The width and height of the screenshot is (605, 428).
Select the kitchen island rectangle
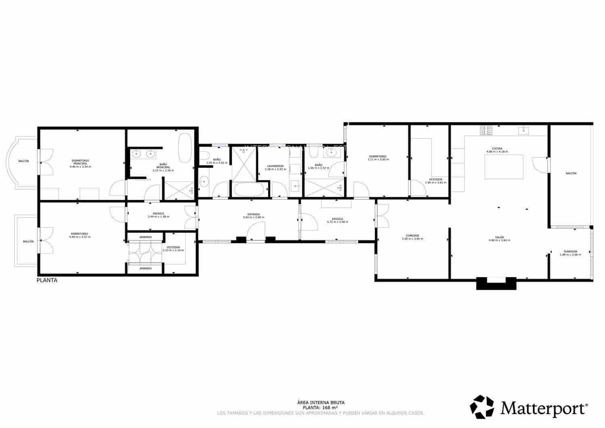pyautogui.click(x=503, y=167)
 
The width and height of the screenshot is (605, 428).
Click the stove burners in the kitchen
pyautogui.click(x=486, y=130)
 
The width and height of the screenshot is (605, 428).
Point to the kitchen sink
pyautogui.click(x=524, y=130)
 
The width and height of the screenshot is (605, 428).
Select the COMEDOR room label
pyautogui.click(x=413, y=236)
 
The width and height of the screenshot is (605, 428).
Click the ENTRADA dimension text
pyautogui.click(x=254, y=217)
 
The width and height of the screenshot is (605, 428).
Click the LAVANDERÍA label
pyautogui.click(x=275, y=166)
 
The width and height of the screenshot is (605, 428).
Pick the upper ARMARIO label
pyautogui.click(x=146, y=237)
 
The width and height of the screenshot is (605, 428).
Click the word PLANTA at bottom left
pyautogui.click(x=47, y=280)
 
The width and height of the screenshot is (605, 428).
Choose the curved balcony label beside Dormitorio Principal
pyautogui.click(x=23, y=161)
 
